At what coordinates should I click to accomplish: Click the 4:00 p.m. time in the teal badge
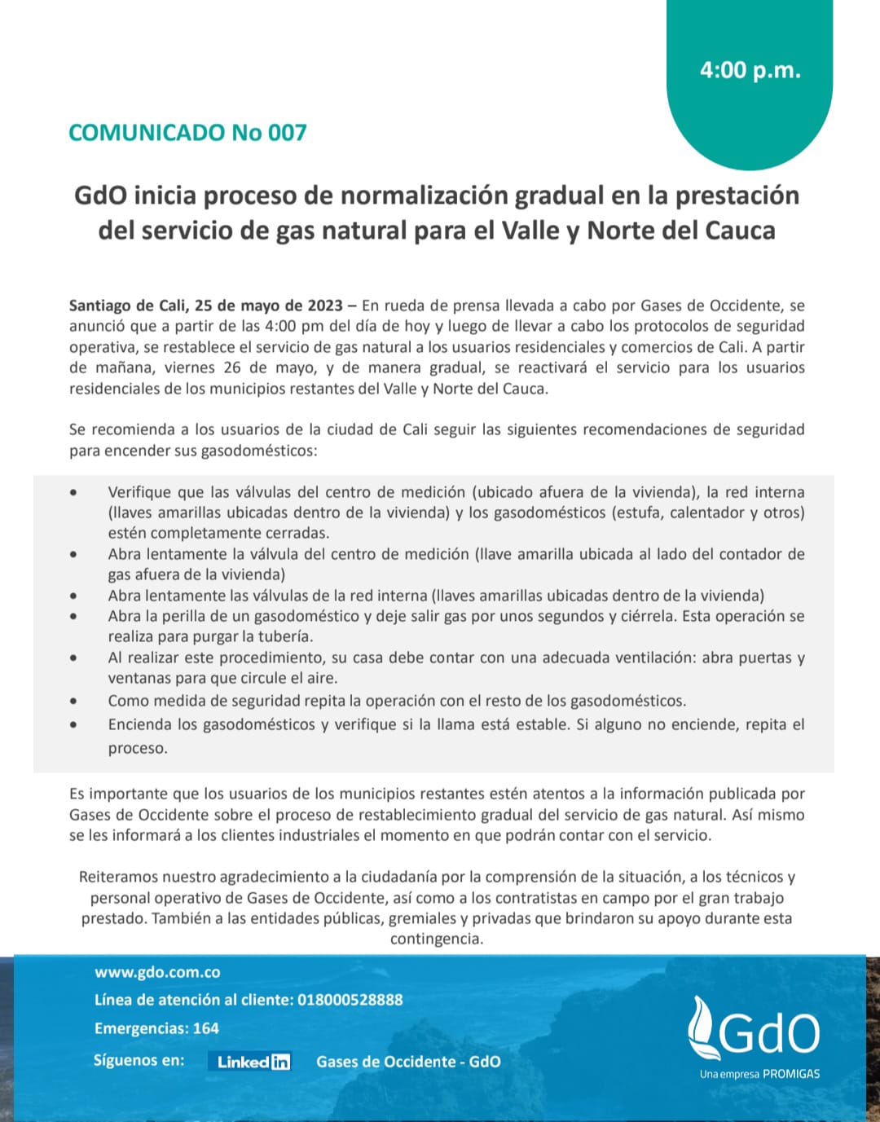750,70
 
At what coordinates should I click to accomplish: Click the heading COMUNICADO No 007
187,133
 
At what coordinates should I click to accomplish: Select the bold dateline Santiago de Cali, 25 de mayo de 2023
206,306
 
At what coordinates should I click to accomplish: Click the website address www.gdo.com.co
157,972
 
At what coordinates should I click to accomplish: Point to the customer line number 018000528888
350,1000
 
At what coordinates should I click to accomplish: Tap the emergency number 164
205,1028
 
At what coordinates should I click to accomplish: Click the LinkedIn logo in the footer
253,1062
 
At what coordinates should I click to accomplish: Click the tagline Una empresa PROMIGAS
759,1074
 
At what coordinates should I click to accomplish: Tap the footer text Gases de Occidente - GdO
408,1062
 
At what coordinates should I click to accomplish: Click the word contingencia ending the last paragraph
436,939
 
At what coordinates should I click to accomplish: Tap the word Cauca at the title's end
740,231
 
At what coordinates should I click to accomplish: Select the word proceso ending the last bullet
137,748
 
